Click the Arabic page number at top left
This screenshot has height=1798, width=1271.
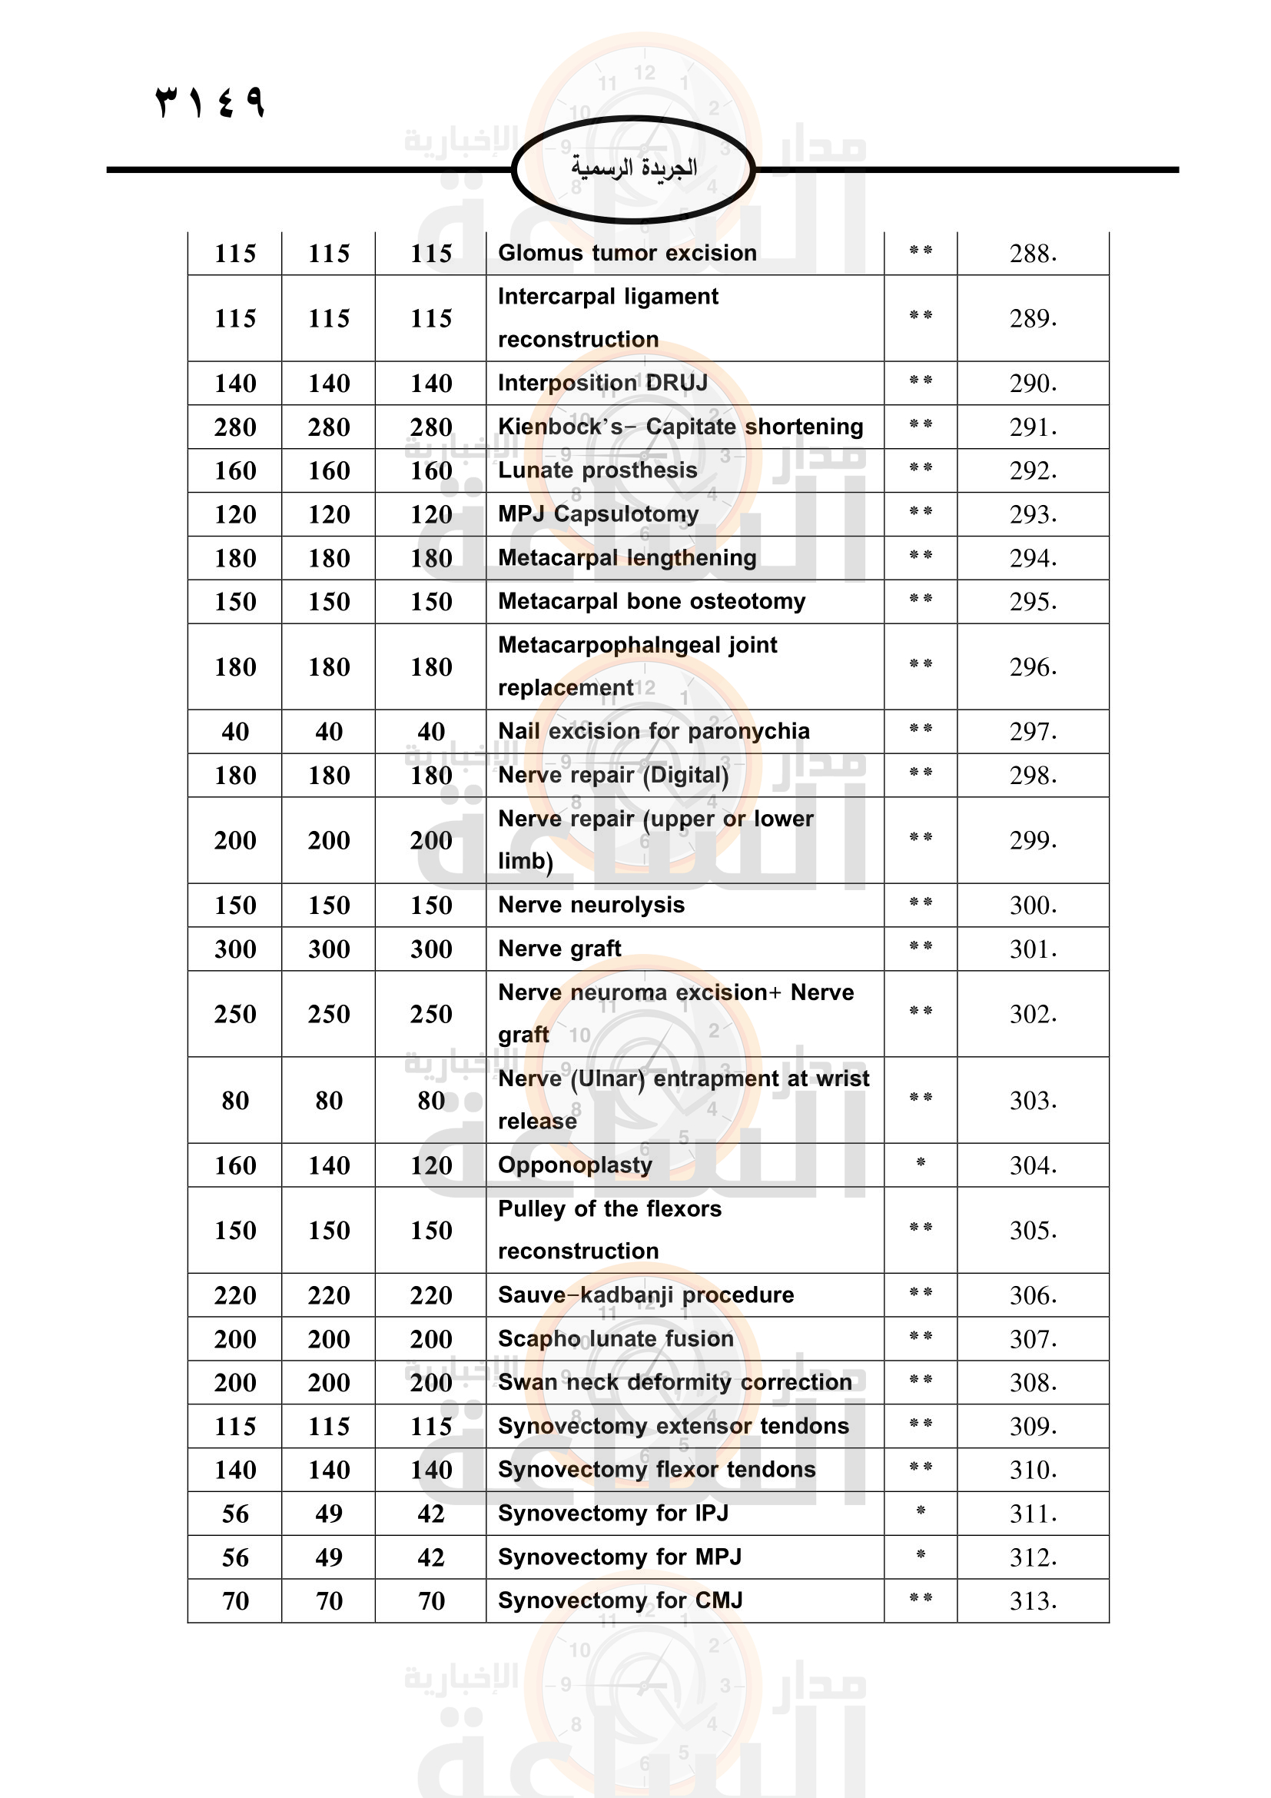point(211,101)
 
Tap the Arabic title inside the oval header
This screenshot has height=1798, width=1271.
point(633,168)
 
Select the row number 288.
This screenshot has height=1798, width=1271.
point(1032,254)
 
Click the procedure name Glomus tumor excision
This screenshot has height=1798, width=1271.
point(627,253)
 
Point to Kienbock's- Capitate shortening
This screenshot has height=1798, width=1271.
point(680,427)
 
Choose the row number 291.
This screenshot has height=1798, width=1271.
point(1032,427)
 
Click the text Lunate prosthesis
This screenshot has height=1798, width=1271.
point(597,470)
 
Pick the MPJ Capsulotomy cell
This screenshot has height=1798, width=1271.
point(598,514)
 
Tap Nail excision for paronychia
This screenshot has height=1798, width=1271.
point(653,731)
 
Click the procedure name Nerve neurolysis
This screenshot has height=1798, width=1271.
point(591,906)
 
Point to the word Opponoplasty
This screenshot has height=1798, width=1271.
point(575,1165)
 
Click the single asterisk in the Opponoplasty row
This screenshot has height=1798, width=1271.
point(921,1163)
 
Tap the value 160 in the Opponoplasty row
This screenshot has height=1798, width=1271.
point(235,1166)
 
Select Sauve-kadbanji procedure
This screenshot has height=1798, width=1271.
point(645,1295)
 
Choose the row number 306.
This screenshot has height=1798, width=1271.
point(1032,1296)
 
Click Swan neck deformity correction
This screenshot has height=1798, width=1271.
point(675,1382)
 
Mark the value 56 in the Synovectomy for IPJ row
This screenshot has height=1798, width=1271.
point(235,1514)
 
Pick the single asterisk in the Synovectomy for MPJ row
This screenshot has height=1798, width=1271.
point(921,1554)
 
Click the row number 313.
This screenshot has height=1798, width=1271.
point(1032,1601)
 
